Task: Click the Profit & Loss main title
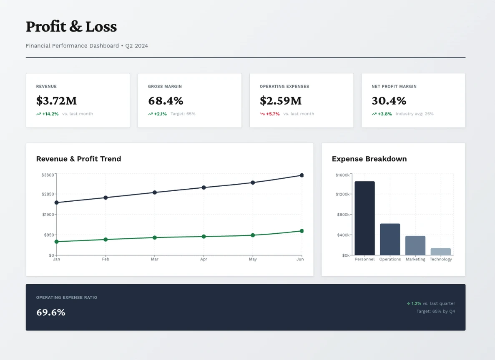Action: coord(71,27)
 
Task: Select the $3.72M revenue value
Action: coord(56,101)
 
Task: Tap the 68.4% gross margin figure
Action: coord(166,101)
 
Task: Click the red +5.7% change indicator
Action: coord(273,114)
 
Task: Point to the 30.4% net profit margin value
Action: coord(389,101)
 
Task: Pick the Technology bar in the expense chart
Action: coord(440,252)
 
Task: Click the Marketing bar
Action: coord(415,245)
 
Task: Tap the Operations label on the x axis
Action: coord(390,259)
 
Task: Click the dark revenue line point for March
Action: coord(155,192)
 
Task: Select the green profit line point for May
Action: coord(253,235)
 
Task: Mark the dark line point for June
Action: coord(302,175)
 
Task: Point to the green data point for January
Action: coord(57,242)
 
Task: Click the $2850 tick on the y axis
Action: coord(48,194)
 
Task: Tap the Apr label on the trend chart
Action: coord(204,259)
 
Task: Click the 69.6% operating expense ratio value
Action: coord(51,312)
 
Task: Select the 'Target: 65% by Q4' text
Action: coord(435,311)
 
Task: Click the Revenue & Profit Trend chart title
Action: coord(78,159)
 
